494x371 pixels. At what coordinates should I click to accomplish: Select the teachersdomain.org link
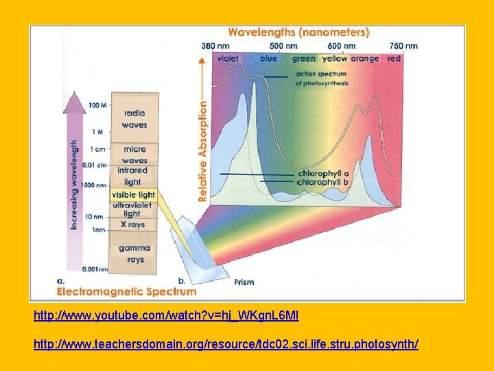[226, 342]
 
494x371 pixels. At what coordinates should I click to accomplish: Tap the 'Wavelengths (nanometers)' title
[298, 32]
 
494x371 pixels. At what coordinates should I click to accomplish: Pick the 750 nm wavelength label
[403, 46]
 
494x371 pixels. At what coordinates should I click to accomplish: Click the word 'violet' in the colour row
[227, 59]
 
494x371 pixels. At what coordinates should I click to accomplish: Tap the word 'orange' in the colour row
[364, 59]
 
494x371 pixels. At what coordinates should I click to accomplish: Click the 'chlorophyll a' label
[323, 174]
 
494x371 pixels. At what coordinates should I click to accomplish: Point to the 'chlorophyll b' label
[323, 183]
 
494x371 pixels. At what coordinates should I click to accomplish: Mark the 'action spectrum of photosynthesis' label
[322, 78]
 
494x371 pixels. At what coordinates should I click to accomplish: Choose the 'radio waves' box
[134, 119]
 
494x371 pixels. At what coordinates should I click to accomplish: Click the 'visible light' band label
[134, 195]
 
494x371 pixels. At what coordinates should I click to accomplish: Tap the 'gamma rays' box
[134, 254]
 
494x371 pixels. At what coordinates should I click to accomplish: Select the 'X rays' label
[132, 224]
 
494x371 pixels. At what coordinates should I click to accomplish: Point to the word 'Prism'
[244, 282]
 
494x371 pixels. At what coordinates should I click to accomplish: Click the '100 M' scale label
[97, 106]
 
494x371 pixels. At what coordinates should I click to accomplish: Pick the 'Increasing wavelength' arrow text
[74, 184]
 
